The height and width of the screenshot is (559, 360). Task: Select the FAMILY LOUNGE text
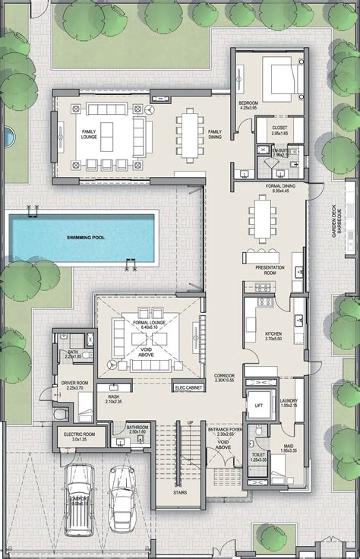[x=90, y=134]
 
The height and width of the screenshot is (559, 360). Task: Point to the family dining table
[x=188, y=134]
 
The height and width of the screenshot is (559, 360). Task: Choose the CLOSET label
[x=279, y=128]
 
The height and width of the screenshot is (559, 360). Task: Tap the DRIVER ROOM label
[x=74, y=384]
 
